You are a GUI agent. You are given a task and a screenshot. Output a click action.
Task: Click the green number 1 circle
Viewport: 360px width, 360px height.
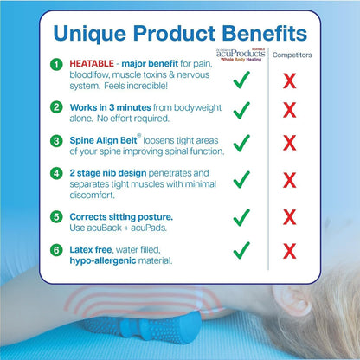[56, 65]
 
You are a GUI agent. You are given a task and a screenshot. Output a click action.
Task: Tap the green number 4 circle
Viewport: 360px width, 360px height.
[56, 173]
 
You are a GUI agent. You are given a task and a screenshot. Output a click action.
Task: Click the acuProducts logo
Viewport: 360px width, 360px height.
[239, 55]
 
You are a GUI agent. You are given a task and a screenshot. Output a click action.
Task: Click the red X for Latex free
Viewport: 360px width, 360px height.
[290, 251]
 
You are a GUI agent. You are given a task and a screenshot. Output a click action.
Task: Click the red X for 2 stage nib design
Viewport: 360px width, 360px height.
[290, 180]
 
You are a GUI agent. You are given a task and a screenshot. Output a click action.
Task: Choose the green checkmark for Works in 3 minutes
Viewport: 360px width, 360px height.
[241, 110]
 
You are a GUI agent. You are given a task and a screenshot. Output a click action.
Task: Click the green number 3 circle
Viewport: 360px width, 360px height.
[56, 138]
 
